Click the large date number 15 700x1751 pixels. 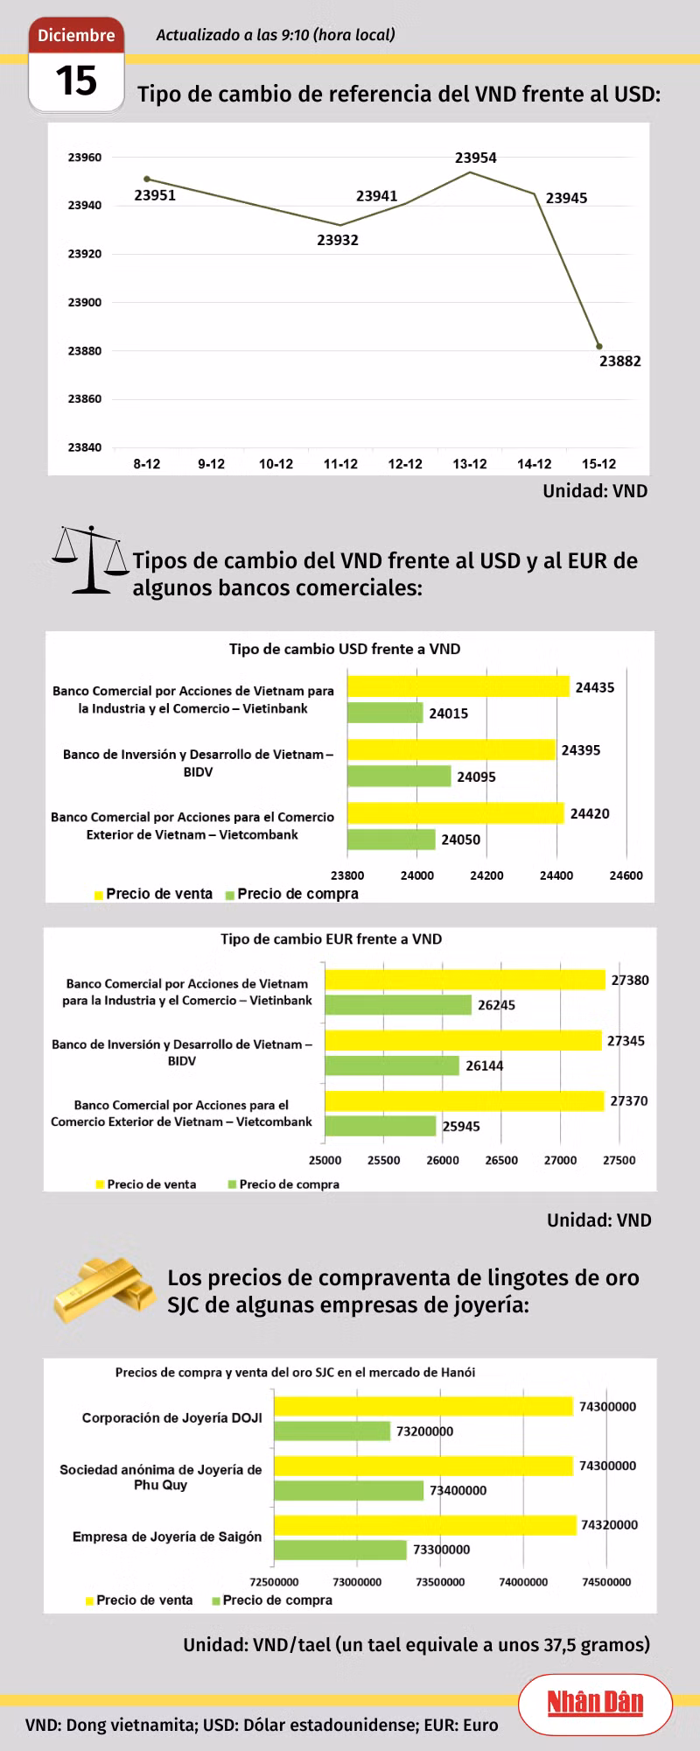76,81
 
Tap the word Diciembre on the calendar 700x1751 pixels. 76,35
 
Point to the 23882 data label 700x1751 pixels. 619,361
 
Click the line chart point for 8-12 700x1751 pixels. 147,179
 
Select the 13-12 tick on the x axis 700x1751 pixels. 470,464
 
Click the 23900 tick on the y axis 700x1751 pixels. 85,302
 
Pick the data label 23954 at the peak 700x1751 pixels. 475,158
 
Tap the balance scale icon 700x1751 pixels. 90,560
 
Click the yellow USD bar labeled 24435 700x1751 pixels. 458,686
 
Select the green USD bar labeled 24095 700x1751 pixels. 400,776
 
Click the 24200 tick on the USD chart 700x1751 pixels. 486,875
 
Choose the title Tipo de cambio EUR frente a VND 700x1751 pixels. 332,939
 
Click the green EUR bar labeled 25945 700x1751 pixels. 381,1126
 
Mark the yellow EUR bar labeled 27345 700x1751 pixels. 464,1040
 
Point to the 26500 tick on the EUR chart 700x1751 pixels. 501,1160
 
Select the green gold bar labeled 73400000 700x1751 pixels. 349,1490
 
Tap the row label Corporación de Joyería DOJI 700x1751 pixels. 172,1417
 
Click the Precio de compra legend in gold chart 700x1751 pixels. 272,1600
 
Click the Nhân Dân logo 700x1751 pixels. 596,1703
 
